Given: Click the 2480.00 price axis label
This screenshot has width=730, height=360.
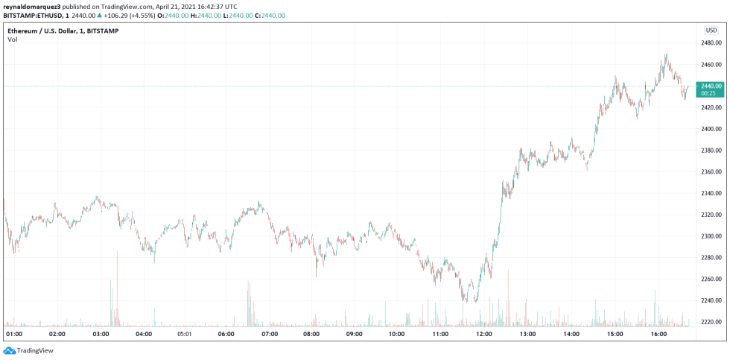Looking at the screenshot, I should (711, 43).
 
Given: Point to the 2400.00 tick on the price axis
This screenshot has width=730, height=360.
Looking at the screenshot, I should (711, 129).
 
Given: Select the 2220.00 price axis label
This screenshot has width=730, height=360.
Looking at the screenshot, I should (711, 322).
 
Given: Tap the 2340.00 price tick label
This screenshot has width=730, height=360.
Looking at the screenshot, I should (711, 193).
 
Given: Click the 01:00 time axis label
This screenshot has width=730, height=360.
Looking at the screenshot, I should (14, 335).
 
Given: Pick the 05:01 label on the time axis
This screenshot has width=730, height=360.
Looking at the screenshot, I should (185, 335).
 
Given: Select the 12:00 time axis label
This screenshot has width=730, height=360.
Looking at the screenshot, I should (485, 335).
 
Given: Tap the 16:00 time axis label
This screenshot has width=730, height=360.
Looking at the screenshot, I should (657, 335).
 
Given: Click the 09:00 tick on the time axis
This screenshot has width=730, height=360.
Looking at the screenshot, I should (355, 335).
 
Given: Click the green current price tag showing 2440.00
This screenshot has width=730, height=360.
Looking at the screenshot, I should (710, 89).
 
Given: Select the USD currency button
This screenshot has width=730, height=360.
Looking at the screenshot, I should (711, 30).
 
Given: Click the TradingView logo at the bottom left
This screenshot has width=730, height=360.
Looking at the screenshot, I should (22, 350).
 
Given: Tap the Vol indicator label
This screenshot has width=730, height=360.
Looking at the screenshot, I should (13, 40).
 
